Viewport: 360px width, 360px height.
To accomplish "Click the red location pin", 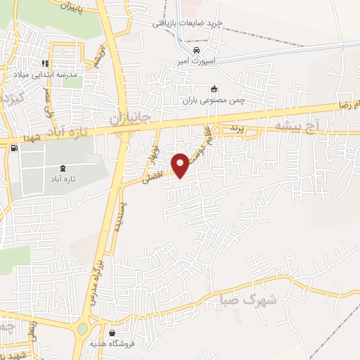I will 181,165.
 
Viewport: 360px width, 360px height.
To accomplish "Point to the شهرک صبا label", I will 259,299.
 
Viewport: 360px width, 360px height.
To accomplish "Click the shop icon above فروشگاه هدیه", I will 112,333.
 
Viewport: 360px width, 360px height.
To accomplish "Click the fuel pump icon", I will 13,148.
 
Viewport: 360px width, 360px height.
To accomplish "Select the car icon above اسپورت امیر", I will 196,51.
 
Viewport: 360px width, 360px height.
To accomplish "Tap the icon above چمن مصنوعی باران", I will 214,89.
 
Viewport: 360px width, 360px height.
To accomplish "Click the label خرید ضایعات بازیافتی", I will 188,23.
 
